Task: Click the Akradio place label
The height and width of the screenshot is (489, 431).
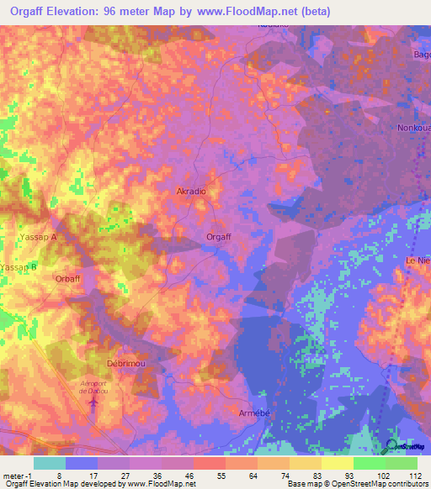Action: (x=191, y=192)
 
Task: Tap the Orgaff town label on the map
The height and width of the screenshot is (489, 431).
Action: (x=219, y=237)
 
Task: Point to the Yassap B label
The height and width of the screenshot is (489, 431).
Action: (x=19, y=266)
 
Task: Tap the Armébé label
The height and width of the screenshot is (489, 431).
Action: (x=253, y=414)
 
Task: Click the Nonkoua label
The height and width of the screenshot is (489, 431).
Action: (x=413, y=129)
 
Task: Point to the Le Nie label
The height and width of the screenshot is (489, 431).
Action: (x=418, y=261)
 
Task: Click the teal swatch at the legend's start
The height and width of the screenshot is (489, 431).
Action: (x=49, y=463)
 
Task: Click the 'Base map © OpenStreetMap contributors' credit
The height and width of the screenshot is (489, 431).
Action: (x=358, y=484)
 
